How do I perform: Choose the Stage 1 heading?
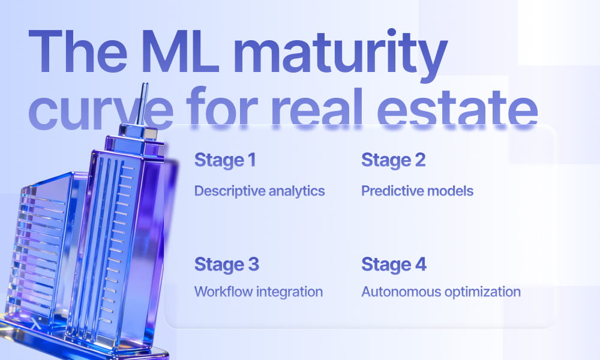(x=225, y=161)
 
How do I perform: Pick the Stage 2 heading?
(x=394, y=161)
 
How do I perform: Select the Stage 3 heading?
(x=227, y=265)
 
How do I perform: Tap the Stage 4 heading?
(x=394, y=265)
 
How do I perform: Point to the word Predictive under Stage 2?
(x=391, y=191)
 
